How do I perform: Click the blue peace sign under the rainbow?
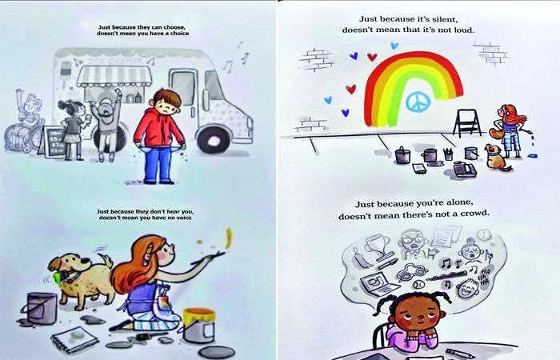[418, 102]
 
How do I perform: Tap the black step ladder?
[466, 122]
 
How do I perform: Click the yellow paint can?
[199, 326]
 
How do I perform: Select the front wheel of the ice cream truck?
[214, 141]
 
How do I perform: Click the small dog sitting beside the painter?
[497, 158]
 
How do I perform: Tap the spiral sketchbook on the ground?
[74, 338]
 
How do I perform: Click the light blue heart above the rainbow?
[394, 46]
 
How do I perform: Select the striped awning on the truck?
[114, 77]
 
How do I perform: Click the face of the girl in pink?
[416, 314]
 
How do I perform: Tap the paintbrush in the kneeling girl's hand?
[208, 258]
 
